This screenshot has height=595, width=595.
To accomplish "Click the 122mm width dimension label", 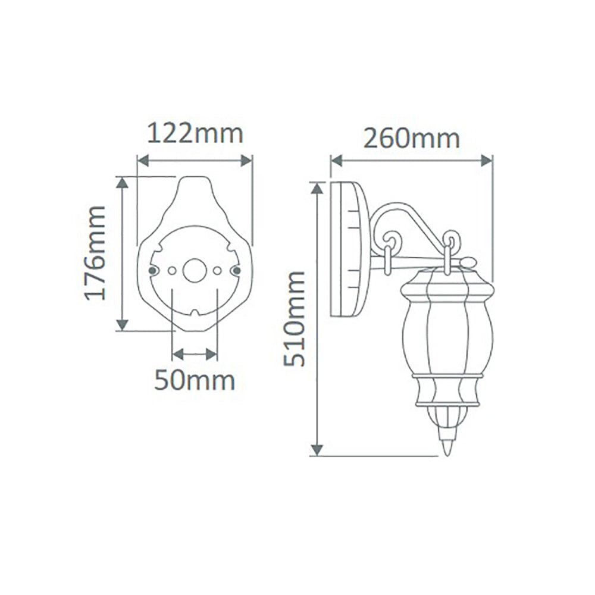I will click(x=195, y=134).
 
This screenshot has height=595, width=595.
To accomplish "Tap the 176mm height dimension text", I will click(x=95, y=252).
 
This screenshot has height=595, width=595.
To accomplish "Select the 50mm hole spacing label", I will click(x=194, y=380).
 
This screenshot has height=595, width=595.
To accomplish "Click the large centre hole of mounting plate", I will click(x=194, y=270).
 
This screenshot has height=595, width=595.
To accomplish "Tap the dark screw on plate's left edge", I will click(x=152, y=271).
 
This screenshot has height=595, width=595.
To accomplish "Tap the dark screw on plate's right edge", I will click(x=236, y=271).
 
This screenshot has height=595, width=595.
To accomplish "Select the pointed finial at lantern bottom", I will click(x=447, y=443).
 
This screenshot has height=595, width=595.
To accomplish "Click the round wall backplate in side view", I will click(x=348, y=250).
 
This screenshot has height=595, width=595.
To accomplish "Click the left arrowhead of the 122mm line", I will click(x=142, y=161).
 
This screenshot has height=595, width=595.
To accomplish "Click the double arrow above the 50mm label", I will click(x=194, y=355).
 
